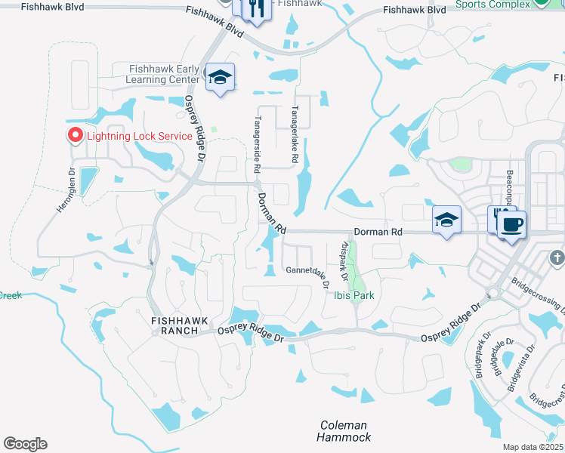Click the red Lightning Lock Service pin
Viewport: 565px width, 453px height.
76,135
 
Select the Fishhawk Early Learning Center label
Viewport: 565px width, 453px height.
164,74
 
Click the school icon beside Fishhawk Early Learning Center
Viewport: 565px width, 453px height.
220,77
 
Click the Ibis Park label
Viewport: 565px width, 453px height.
354,295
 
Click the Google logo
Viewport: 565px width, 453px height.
25,444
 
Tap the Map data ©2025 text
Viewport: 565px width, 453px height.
533,447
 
